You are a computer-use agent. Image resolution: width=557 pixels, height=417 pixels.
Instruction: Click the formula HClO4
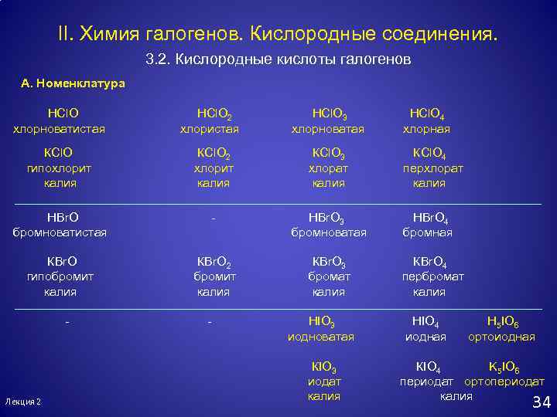click(x=427, y=114)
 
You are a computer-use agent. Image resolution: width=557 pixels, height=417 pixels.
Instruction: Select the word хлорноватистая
click(x=59, y=128)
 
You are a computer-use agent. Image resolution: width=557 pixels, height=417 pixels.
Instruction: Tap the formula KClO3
click(x=328, y=153)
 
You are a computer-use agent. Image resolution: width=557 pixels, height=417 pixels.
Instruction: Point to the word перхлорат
click(x=432, y=168)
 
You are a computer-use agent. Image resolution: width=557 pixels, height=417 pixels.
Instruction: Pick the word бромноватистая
click(x=60, y=232)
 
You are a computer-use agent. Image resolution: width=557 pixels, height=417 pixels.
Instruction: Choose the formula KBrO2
click(x=214, y=262)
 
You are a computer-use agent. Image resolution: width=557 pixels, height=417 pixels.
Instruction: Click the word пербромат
click(x=432, y=276)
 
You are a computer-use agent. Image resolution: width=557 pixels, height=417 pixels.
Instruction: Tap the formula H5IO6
click(x=503, y=322)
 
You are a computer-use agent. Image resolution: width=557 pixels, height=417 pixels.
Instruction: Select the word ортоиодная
click(x=503, y=337)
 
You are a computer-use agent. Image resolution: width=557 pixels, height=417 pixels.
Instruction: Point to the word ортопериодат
click(x=504, y=381)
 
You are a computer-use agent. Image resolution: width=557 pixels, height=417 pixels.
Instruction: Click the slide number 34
click(x=541, y=402)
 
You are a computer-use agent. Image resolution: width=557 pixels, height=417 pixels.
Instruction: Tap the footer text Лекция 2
click(x=23, y=402)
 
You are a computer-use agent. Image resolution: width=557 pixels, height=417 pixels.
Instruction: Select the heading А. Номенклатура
click(x=73, y=83)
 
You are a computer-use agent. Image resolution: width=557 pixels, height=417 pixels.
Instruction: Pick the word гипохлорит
click(x=59, y=168)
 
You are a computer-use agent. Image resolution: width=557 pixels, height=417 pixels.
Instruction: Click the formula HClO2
click(x=214, y=114)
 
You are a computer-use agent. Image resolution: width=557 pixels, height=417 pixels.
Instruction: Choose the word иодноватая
click(x=321, y=337)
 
